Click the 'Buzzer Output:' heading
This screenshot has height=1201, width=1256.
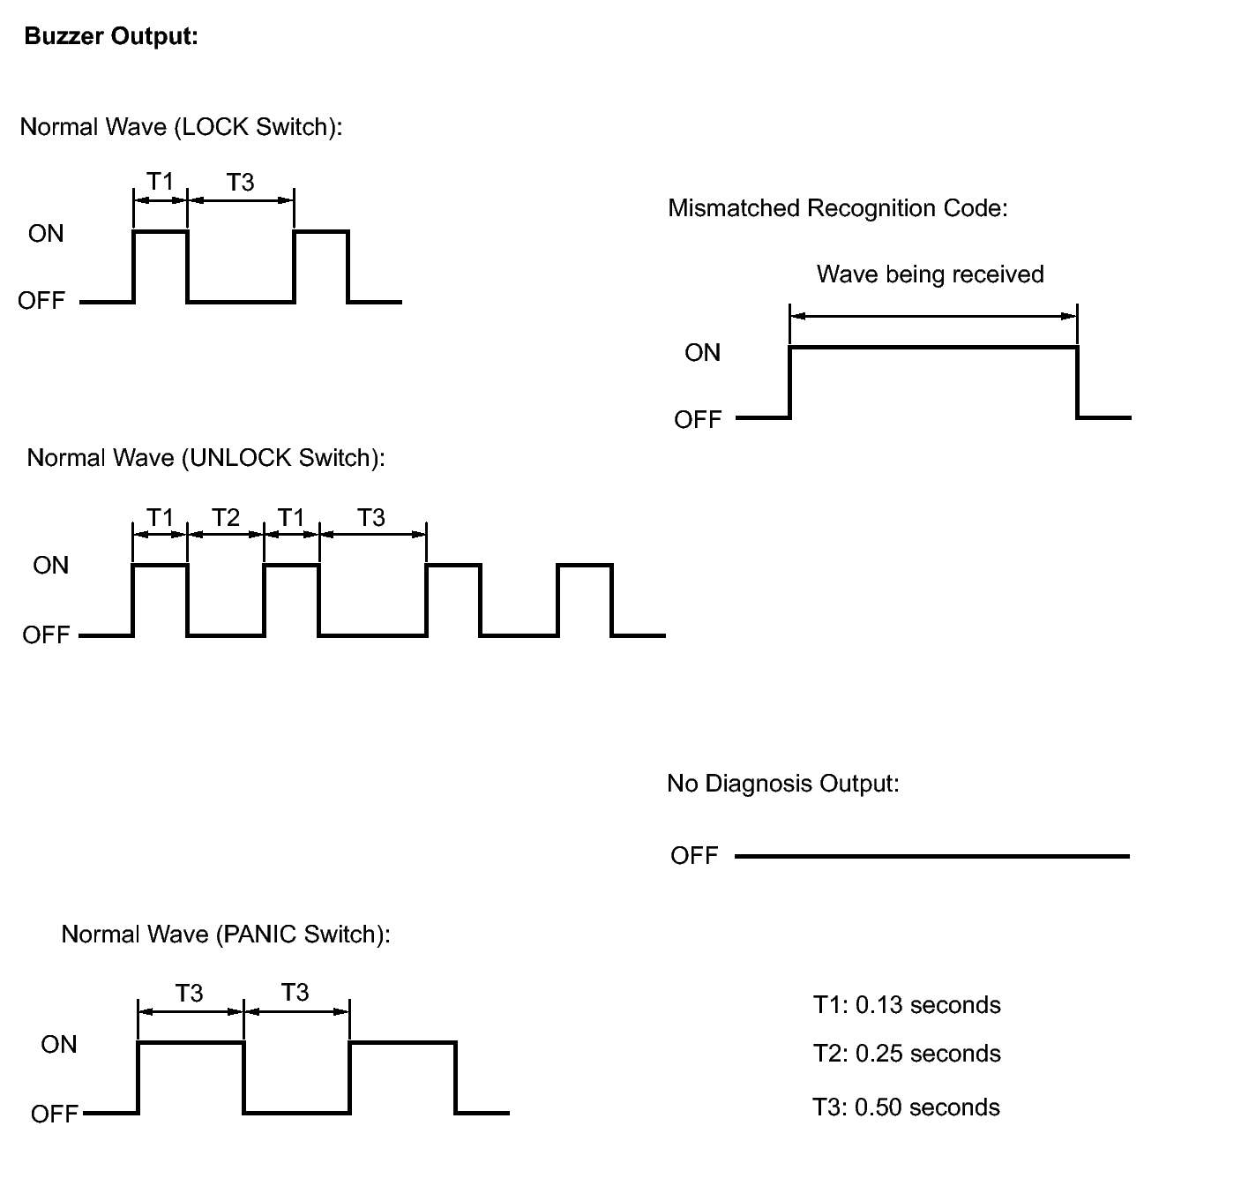tap(111, 37)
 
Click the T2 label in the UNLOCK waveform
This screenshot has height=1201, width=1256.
tap(226, 517)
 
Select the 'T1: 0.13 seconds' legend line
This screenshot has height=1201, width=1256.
tap(907, 1005)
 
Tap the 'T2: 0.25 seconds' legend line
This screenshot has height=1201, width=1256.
tap(907, 1054)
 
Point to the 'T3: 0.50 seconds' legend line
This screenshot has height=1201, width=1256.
tap(906, 1107)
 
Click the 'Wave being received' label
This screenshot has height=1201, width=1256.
tap(930, 274)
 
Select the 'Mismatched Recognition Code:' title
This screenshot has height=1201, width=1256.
tap(837, 208)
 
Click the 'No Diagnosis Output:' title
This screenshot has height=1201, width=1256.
tap(782, 784)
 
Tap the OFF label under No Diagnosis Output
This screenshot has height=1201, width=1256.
tap(694, 856)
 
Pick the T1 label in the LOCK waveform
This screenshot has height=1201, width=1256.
tap(160, 182)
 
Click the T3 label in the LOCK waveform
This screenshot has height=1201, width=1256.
tap(240, 182)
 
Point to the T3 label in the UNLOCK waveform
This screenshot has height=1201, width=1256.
tap(371, 517)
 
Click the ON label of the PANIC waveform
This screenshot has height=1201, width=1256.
tap(59, 1045)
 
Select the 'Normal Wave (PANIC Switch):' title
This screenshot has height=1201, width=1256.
tap(225, 935)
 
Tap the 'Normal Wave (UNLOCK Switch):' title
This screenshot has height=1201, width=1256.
tap(206, 458)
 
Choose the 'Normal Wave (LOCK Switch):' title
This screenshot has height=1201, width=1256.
tap(181, 127)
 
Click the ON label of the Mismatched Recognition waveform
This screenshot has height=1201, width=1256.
tap(702, 353)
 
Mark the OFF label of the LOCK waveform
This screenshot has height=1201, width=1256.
tap(41, 301)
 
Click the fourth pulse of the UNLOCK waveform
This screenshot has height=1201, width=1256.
tap(585, 600)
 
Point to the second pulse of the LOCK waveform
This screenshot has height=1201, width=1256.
tap(321, 266)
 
